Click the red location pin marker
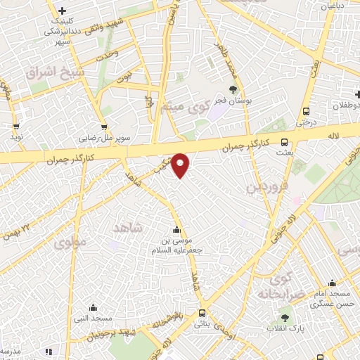tap(181, 165)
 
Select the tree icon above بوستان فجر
tap(233, 89)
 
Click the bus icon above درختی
tap(306, 111)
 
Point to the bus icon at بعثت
tap(284, 141)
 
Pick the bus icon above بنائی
tap(202, 313)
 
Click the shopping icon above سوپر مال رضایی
tap(103, 127)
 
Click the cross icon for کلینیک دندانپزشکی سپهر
tap(63, 11)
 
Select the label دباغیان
tap(335, 6)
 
